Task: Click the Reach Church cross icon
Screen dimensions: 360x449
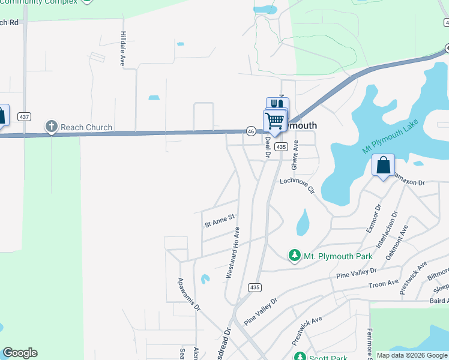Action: (51, 127)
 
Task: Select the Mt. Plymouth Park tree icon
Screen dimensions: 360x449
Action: (295, 256)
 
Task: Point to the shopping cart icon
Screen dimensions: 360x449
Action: (275, 120)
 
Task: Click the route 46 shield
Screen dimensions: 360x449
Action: (251, 131)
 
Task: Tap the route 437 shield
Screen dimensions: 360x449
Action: (23, 116)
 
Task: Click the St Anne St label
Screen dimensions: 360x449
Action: (218, 223)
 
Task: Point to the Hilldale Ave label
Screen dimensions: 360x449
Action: (122, 49)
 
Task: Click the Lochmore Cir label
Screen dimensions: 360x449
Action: (297, 185)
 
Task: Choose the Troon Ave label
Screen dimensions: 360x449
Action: (384, 284)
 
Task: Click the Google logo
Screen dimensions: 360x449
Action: (20, 353)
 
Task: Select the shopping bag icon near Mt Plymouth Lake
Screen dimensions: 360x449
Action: (383, 165)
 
